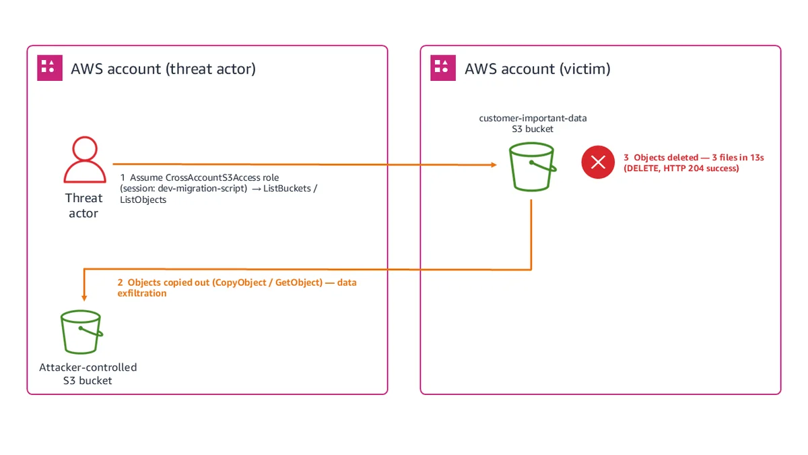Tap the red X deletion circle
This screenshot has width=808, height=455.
pos(598,162)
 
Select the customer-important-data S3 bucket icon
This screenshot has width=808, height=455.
pos(533,166)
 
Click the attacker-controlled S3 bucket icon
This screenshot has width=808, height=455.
pos(81,332)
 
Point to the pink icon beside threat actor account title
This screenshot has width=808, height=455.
pos(50,68)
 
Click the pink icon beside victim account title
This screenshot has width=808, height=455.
pos(443,68)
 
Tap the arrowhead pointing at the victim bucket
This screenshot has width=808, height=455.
pos(494,164)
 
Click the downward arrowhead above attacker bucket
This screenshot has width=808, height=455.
pos(84,298)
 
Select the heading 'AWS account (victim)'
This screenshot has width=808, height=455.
pos(537,69)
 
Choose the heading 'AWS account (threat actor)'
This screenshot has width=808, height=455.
pos(163,69)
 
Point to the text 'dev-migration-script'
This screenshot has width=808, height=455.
pos(202,189)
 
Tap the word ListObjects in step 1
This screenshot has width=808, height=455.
pos(143,200)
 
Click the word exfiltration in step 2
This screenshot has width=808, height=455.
pos(142,293)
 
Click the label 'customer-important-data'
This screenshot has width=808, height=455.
pos(533,118)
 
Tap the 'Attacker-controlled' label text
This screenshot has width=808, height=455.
pos(88,367)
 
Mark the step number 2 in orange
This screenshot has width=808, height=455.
pos(120,282)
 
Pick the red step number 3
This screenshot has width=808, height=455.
pos(626,158)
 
